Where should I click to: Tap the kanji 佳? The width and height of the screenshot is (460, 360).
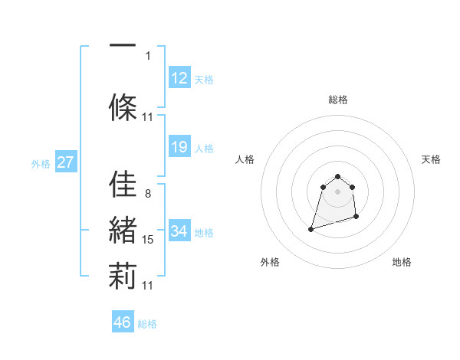click(123, 184)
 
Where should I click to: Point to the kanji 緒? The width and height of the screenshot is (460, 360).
click(123, 231)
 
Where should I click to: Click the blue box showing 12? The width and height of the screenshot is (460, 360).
click(179, 78)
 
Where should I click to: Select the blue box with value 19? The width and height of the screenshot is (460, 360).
click(179, 147)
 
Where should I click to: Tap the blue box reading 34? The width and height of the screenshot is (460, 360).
click(179, 231)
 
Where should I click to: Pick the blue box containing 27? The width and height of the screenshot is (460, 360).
click(66, 162)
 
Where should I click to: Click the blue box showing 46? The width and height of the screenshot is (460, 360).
click(123, 322)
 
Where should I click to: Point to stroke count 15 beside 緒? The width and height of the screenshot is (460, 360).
click(148, 240)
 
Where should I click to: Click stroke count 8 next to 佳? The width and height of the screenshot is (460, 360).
click(147, 193)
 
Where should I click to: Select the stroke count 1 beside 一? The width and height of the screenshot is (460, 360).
click(148, 55)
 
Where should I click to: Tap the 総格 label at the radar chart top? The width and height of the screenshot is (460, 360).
click(337, 100)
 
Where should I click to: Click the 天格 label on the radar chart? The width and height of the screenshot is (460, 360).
click(431, 159)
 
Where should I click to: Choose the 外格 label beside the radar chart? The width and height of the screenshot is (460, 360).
click(270, 262)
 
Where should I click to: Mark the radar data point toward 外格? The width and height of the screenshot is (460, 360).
click(310, 228)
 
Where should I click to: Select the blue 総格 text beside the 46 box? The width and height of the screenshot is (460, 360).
click(147, 324)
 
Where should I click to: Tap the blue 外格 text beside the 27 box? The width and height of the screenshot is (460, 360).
click(40, 163)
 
